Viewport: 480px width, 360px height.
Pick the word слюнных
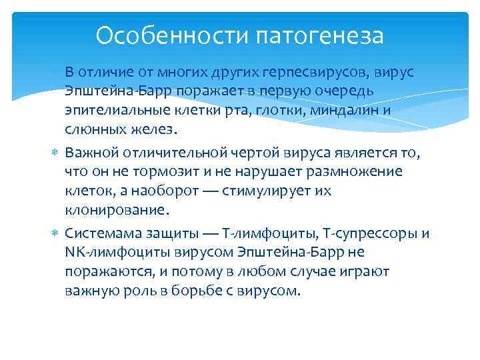[x=95, y=128]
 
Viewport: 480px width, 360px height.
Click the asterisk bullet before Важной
[x=56, y=154]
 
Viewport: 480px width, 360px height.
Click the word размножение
[x=354, y=172]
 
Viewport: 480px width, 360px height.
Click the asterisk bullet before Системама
[x=56, y=235]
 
